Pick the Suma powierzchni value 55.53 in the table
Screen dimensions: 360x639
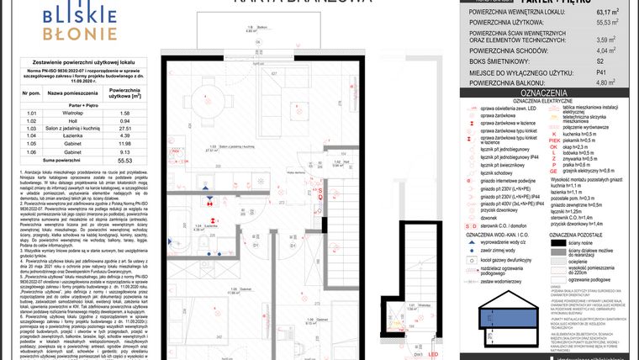tap(124, 159)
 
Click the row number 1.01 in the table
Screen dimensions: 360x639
tap(32, 112)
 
